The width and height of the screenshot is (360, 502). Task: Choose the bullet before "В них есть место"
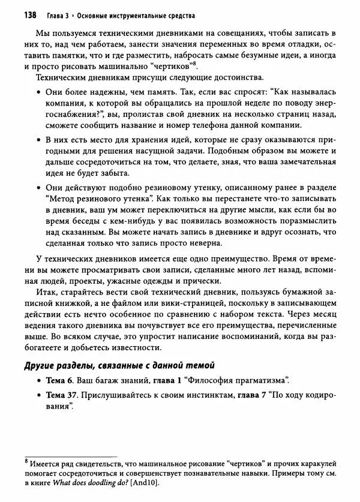click(x=38, y=140)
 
